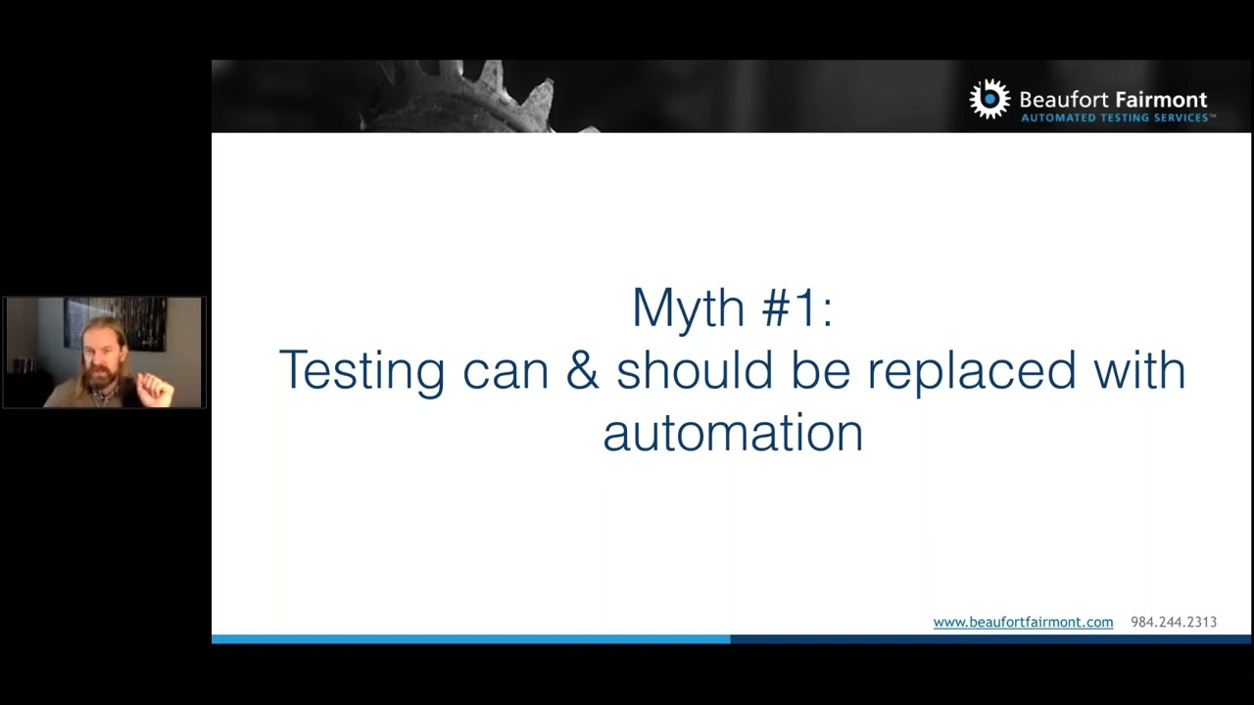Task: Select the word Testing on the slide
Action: pyautogui.click(x=362, y=372)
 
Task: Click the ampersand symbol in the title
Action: pyautogui.click(x=583, y=371)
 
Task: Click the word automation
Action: pyautogui.click(x=733, y=433)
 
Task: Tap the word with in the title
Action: pyautogui.click(x=1140, y=371)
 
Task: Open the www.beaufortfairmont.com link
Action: pyautogui.click(x=1023, y=622)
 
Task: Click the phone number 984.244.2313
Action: pyautogui.click(x=1174, y=622)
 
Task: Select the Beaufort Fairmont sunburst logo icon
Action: pyautogui.click(x=989, y=99)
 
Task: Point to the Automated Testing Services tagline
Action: pyautogui.click(x=1117, y=118)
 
